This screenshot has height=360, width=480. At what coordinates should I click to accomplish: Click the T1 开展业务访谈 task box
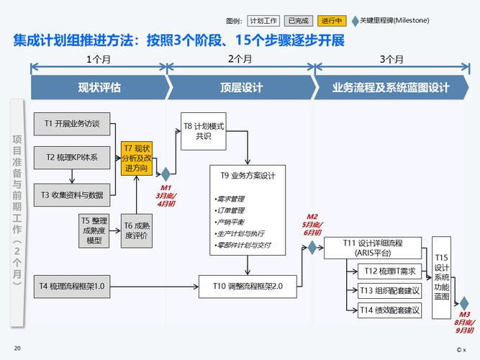pyautogui.click(x=72, y=123)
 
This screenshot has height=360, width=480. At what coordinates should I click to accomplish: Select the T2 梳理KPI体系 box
pyautogui.click(x=72, y=156)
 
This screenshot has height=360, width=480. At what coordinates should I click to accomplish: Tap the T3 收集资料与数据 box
pyautogui.click(x=72, y=194)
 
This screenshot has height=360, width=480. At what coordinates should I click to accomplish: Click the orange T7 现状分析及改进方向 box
pyautogui.click(x=137, y=158)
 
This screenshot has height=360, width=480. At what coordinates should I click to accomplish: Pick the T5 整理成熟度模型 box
pyautogui.click(x=94, y=230)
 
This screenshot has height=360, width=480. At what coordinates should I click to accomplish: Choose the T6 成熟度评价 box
pyautogui.click(x=136, y=230)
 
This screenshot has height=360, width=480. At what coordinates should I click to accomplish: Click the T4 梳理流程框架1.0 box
pyautogui.click(x=72, y=287)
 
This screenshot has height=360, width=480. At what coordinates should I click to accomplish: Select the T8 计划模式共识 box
pyautogui.click(x=203, y=130)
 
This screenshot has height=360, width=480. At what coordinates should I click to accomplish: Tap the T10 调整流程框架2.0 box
pyautogui.click(x=248, y=287)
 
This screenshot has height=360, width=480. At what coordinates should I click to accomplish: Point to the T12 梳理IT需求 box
pyautogui.click(x=389, y=271)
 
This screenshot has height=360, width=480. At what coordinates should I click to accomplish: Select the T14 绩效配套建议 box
pyautogui.click(x=389, y=310)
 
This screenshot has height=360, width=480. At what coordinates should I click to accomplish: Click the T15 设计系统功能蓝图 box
pyautogui.click(x=441, y=277)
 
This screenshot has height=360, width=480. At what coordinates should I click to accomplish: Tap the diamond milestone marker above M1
pyautogui.click(x=166, y=174)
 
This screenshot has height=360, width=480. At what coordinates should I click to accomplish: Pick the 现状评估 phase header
pyautogui.click(x=99, y=88)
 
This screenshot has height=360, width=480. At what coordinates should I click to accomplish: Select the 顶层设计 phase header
pyautogui.click(x=241, y=88)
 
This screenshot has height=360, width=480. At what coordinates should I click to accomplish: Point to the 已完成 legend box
pyautogui.click(x=299, y=21)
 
